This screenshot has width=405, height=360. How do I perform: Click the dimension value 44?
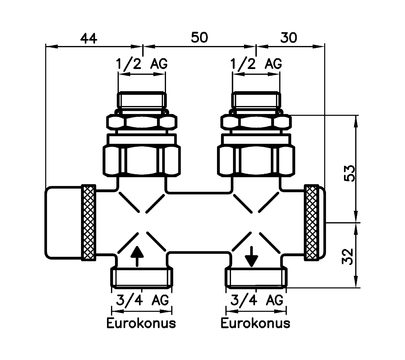(x=89, y=38)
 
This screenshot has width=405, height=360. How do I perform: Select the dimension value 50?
(x=199, y=37)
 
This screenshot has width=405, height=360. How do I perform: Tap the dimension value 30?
(x=288, y=38)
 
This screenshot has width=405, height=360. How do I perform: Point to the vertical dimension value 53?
(x=350, y=173)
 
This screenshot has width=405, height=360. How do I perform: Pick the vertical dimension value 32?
(x=348, y=256)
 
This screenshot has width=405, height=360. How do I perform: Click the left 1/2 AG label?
(x=142, y=64)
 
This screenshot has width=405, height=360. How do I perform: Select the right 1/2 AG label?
(x=257, y=64)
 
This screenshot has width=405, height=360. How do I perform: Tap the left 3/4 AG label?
(x=143, y=301)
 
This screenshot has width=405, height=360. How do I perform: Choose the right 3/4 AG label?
(x=257, y=301)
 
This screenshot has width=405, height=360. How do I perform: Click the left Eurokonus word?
(x=141, y=323)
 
